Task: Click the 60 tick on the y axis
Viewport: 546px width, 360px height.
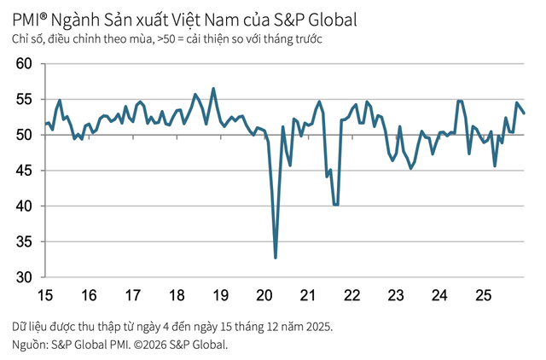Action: pyautogui.click(x=23, y=64)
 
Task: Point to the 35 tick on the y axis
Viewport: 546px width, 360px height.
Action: pyautogui.click(x=23, y=242)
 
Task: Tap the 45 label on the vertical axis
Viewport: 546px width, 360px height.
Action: pyautogui.click(x=23, y=171)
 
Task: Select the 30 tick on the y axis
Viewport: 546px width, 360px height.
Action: pyautogui.click(x=23, y=278)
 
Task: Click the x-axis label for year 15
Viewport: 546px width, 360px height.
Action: pyautogui.click(x=45, y=296)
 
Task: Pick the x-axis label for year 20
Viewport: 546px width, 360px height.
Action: pyautogui.click(x=264, y=296)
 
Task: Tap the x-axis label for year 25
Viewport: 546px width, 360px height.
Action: pyautogui.click(x=483, y=296)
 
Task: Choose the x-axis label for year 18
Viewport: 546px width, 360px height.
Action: pyautogui.click(x=177, y=296)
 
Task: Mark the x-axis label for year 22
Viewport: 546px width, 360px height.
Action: pyautogui.click(x=351, y=296)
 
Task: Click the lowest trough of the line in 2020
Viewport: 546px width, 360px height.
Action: pyautogui.click(x=276, y=258)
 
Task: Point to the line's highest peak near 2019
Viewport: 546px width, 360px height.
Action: pyautogui.click(x=213, y=89)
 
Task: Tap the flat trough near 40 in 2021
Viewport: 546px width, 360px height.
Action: pyautogui.click(x=336, y=205)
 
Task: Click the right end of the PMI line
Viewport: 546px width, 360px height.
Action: pyautogui.click(x=525, y=113)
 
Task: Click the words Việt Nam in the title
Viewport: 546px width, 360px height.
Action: pyautogui.click(x=226, y=18)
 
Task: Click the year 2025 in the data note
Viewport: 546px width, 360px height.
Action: pyautogui.click(x=316, y=327)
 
